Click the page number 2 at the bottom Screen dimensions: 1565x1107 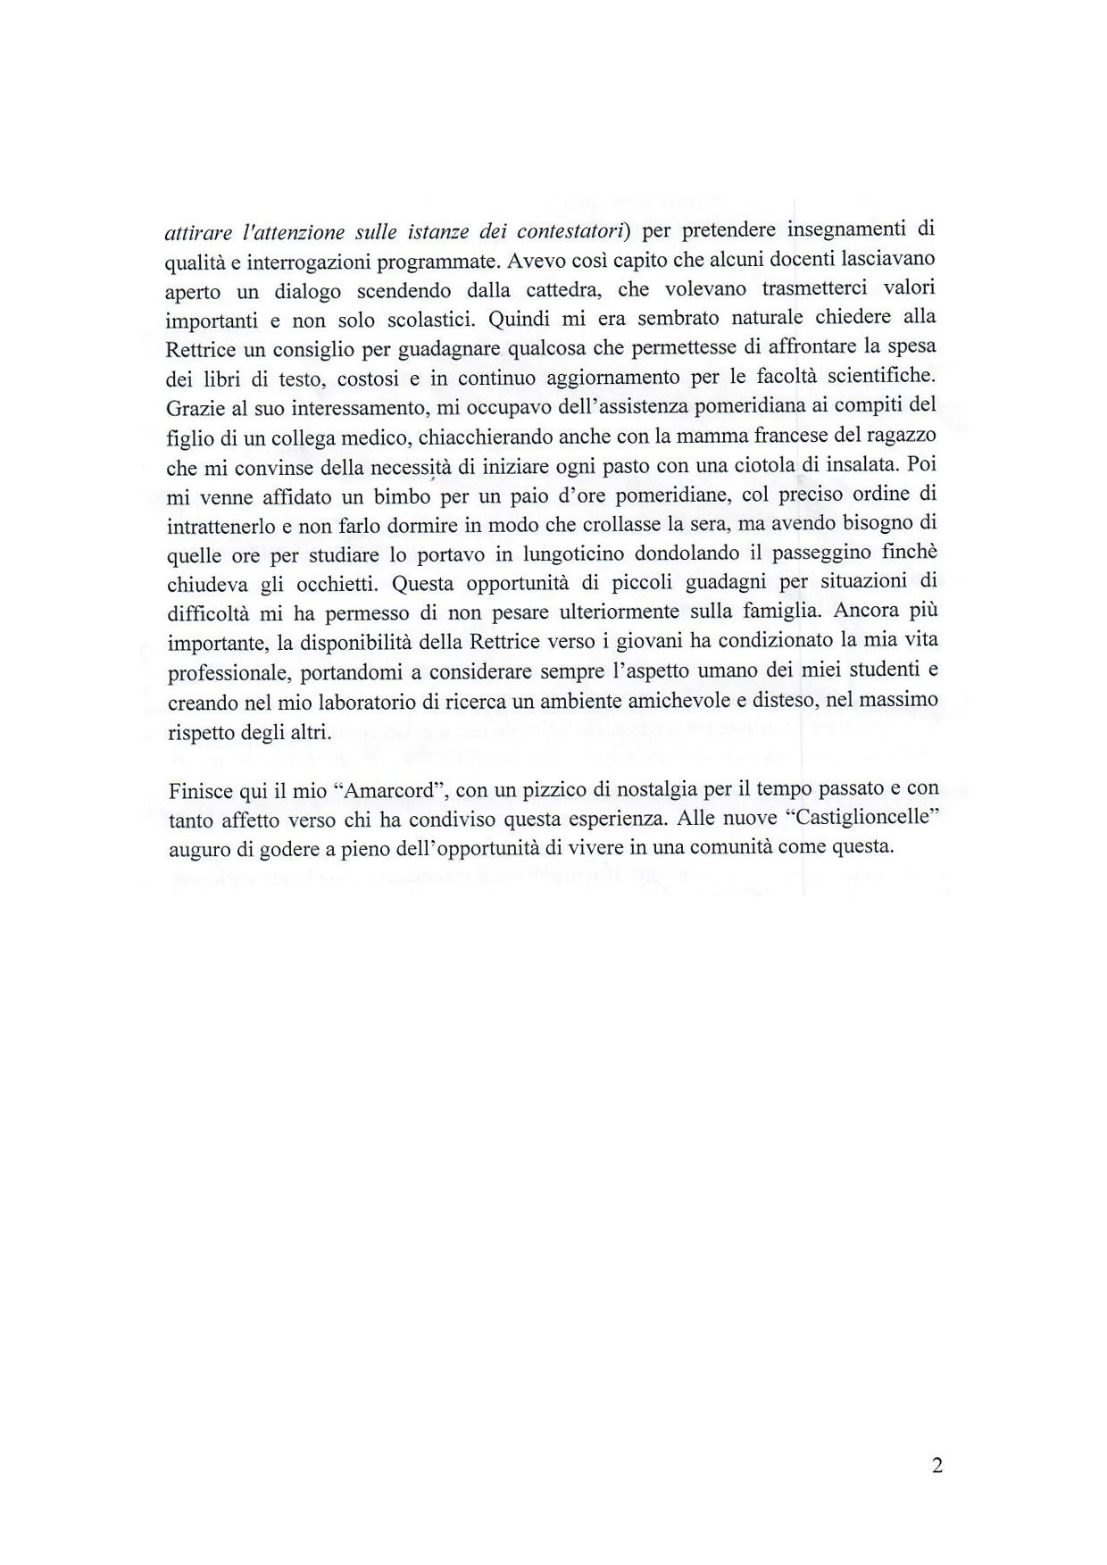coord(936,1465)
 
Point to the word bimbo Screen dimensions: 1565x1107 coord(405,495)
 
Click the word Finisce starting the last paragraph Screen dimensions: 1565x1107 coord(198,790)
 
